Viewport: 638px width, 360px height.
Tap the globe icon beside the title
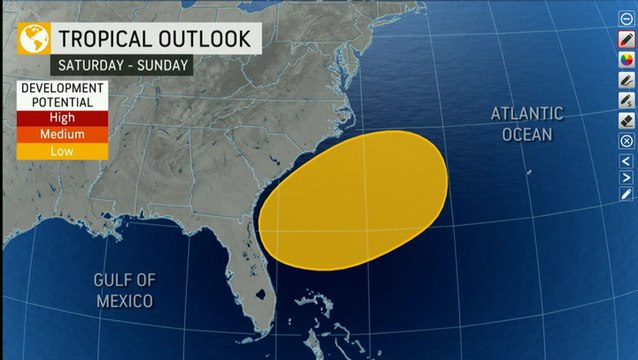tap(33, 39)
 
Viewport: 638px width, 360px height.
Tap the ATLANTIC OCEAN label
tap(526, 123)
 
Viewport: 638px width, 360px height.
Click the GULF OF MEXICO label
tap(124, 289)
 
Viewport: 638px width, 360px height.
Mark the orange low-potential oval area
tap(356, 200)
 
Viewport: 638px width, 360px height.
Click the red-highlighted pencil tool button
tap(626, 39)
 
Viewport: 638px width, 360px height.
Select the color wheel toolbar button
tap(626, 59)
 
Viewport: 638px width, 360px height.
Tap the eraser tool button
tap(626, 120)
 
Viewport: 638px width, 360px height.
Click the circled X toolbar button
tap(626, 141)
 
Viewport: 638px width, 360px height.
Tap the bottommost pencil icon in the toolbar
tap(626, 195)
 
